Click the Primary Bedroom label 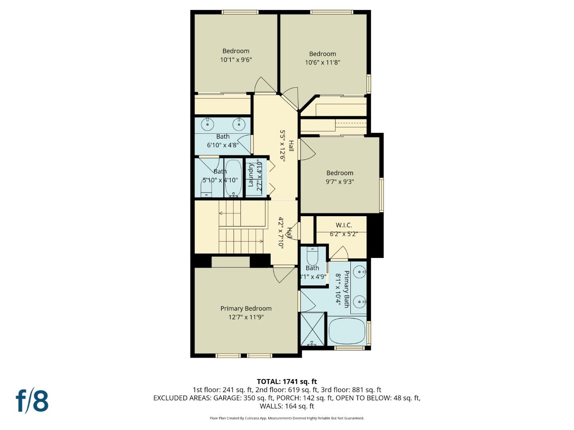246,309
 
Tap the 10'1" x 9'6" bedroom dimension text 236,60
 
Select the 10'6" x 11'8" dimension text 322,63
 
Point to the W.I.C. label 344,225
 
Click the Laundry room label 251,175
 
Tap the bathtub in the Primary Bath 347,331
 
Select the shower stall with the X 313,329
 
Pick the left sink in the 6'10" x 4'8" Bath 207,124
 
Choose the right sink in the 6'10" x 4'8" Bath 239,124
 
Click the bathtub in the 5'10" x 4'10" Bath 233,178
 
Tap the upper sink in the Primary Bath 360,272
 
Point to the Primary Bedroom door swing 282,274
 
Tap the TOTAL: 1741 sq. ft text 287,382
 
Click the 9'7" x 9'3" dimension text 340,182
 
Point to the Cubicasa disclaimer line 287,418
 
